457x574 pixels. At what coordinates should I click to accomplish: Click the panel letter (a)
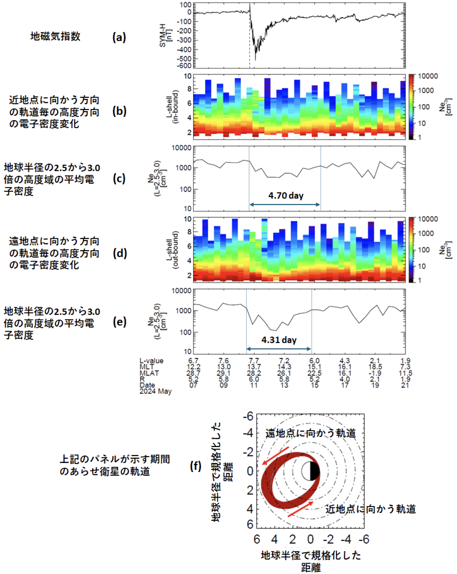[x=119, y=37]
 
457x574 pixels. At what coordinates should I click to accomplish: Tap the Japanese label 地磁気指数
[x=55, y=36]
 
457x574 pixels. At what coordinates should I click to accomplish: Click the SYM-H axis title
[x=166, y=35]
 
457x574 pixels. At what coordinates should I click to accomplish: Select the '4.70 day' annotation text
[x=286, y=195]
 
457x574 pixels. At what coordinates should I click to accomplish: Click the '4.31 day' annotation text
[x=279, y=340]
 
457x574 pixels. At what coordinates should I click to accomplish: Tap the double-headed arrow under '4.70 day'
[x=285, y=204]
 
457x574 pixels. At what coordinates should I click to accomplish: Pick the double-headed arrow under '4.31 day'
[x=279, y=349]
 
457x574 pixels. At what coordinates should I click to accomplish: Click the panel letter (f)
[x=196, y=466]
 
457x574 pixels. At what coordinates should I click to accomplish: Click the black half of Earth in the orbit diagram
[x=315, y=471]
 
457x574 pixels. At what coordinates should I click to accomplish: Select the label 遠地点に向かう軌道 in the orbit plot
[x=310, y=433]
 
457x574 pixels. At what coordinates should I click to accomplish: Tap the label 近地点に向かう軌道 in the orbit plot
[x=370, y=509]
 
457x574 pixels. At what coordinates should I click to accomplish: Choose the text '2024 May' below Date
[x=155, y=391]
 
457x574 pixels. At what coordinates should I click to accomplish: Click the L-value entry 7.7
[x=254, y=361]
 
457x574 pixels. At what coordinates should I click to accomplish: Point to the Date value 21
[x=405, y=385]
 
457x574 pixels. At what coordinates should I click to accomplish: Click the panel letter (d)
[x=120, y=253]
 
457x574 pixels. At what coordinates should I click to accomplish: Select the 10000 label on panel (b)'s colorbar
[x=428, y=76]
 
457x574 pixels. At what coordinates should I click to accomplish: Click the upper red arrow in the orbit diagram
[x=275, y=456]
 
